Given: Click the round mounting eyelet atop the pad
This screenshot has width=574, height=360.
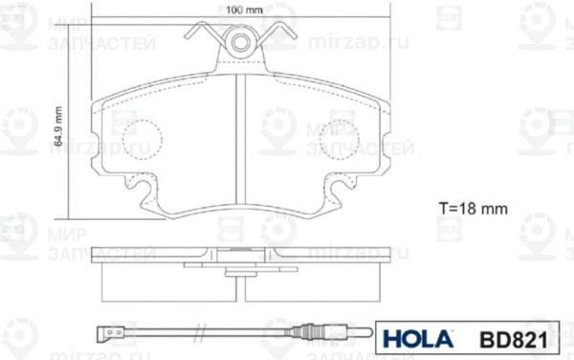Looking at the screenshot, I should click(x=239, y=41).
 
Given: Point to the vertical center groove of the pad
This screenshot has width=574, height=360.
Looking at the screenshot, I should click(x=240, y=144).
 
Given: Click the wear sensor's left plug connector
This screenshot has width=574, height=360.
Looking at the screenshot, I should click(x=111, y=333).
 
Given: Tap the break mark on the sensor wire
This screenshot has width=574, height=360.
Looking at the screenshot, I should click(x=201, y=333).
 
